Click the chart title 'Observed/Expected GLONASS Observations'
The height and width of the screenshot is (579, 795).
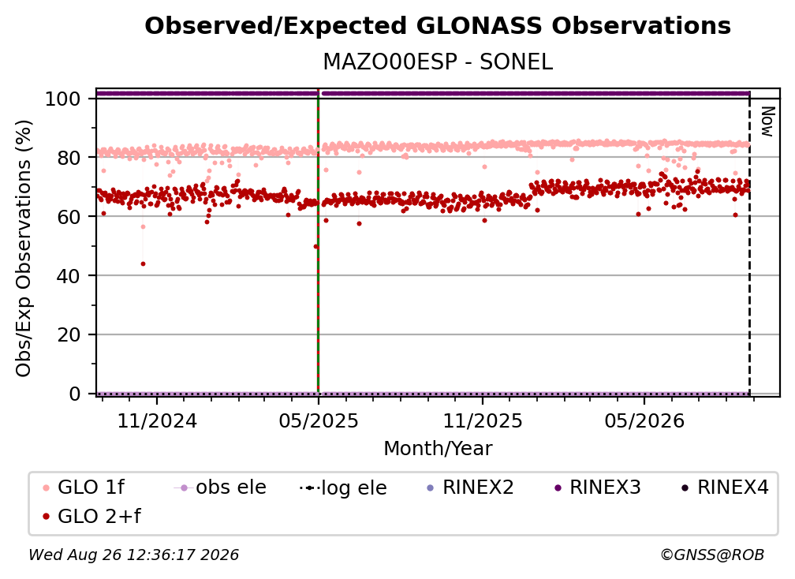coord(438,26)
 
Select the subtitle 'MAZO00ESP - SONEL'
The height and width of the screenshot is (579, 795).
coord(438,62)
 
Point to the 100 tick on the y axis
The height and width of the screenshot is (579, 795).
coord(63,99)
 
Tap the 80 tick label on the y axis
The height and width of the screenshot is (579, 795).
coord(69,158)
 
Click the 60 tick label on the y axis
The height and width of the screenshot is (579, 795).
coord(69,217)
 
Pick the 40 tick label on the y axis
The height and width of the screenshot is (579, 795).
coord(69,276)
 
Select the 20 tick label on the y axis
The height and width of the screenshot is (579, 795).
coord(69,335)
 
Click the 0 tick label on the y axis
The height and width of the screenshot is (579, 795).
coord(75,394)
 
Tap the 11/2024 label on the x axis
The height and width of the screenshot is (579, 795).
coord(157,420)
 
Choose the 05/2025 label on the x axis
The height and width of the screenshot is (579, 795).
coord(319,420)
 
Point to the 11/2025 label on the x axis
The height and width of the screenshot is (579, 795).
coord(483,420)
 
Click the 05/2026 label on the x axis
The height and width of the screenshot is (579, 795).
coord(644,420)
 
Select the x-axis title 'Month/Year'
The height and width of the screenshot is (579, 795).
coord(438,449)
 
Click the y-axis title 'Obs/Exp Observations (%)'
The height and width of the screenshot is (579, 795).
coord(24,248)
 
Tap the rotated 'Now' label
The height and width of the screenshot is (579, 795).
coord(768,121)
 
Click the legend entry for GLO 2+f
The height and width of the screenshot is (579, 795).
coord(91,516)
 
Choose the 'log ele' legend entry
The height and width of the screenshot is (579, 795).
coord(343,487)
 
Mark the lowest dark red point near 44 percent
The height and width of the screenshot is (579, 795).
coord(143,263)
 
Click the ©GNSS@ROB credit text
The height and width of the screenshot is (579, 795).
coord(712,555)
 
